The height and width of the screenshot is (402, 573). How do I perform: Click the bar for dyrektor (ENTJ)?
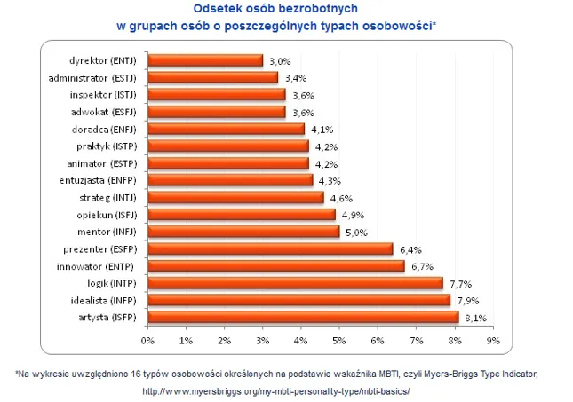pos(204,60)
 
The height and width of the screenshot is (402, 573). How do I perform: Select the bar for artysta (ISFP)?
pos(302,317)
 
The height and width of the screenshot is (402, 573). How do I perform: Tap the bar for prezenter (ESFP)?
pos(269,248)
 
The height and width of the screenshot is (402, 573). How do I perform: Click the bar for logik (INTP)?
pos(294,283)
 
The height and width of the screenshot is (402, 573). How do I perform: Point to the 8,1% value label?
pos(474,318)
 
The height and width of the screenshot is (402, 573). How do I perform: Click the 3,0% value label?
pos(280,61)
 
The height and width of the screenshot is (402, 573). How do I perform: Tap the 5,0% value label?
pos(356,233)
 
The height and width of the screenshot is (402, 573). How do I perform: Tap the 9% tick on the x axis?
pos(491,340)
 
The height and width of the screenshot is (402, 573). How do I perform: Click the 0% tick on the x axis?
pos(147,340)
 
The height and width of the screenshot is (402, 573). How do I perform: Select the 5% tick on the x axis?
pos(338,340)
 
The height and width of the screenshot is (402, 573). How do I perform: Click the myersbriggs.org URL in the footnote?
pos(275,390)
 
